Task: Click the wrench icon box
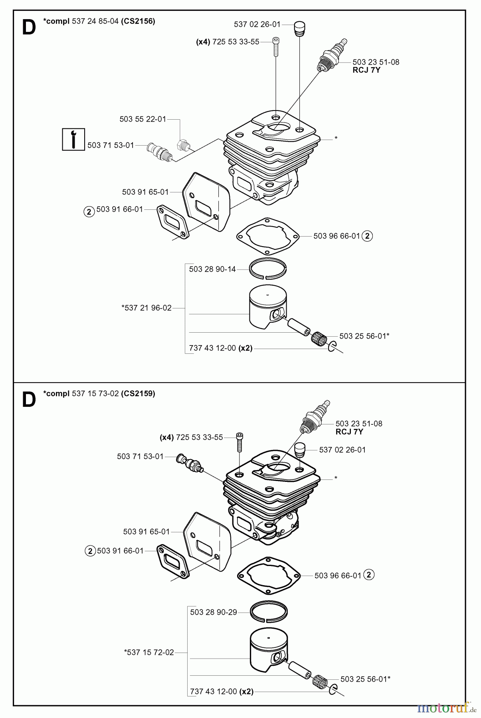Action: click(x=73, y=139)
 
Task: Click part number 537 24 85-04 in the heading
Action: click(x=95, y=21)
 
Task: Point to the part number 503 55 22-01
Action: click(x=143, y=119)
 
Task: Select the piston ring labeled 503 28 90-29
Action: click(x=269, y=611)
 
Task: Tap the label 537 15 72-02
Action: click(x=149, y=653)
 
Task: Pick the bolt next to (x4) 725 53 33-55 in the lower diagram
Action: click(x=240, y=442)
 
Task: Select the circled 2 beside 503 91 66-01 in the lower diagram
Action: click(x=90, y=551)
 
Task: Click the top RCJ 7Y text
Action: click(x=367, y=70)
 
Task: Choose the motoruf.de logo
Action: click(x=446, y=708)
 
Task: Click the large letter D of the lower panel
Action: click(x=29, y=400)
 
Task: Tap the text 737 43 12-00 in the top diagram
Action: click(x=212, y=348)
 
